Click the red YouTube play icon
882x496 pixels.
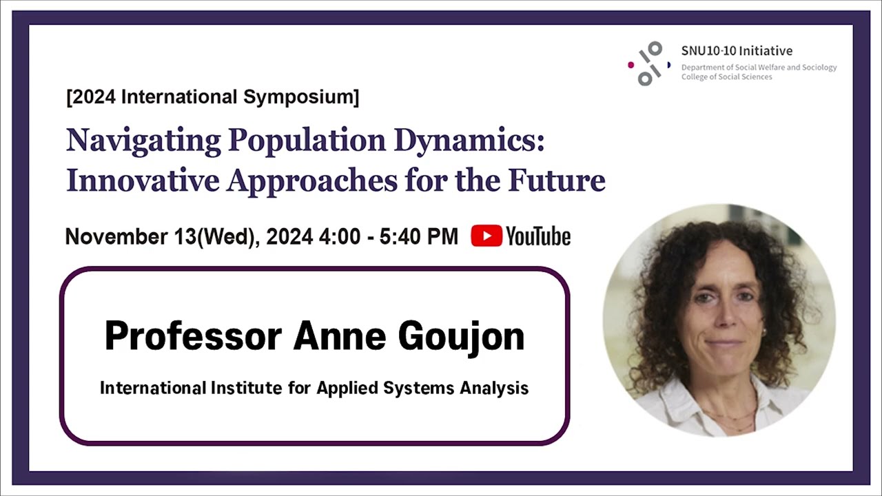(x=486, y=236)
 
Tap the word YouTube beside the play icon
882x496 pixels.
(x=538, y=236)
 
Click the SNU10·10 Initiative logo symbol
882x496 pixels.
(x=649, y=63)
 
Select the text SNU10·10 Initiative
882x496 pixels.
(x=737, y=50)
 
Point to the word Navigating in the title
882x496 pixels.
(x=143, y=141)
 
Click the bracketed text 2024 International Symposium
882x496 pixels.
(x=213, y=97)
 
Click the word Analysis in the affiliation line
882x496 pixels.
(x=494, y=388)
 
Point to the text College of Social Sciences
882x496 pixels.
(x=727, y=77)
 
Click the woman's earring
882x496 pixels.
(x=763, y=332)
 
